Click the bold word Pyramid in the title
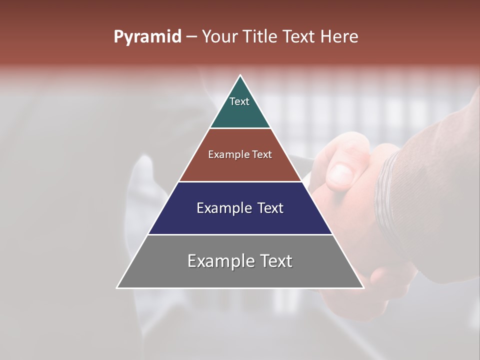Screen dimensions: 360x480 pos(147,37)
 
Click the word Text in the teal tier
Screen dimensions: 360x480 pos(239,101)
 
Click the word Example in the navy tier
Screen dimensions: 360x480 pos(224,208)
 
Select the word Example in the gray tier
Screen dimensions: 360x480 pos(220,261)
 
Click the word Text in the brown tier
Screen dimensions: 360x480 pos(262,154)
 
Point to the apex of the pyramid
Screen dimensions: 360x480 pos(240,76)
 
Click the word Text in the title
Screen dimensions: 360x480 pos(299,37)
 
